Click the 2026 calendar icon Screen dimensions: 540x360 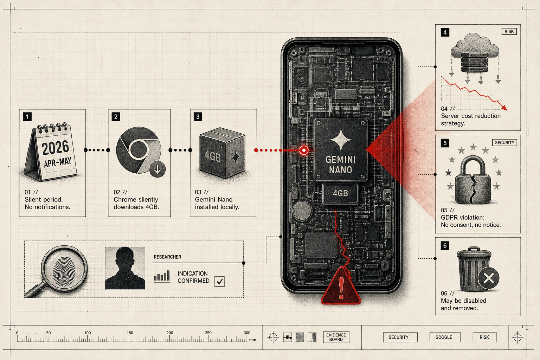(51, 152)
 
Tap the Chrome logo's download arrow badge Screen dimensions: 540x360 (157, 169)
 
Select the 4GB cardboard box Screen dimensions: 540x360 (222, 153)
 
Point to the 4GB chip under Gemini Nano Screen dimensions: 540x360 (340, 193)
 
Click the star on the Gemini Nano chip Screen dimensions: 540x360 (341, 140)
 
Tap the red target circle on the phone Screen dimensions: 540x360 (304, 150)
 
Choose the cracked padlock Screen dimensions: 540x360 (472, 180)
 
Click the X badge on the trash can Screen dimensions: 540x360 (489, 278)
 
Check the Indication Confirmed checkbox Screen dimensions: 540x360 (219, 281)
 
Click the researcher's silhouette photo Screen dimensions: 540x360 (125, 268)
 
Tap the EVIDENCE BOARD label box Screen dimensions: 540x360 (336, 337)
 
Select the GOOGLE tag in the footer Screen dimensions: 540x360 (445, 337)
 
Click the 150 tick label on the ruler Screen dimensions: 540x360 (130, 333)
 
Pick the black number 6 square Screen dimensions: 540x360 (445, 246)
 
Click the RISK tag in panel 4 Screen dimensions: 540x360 (509, 32)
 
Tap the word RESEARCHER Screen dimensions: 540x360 (167, 257)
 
